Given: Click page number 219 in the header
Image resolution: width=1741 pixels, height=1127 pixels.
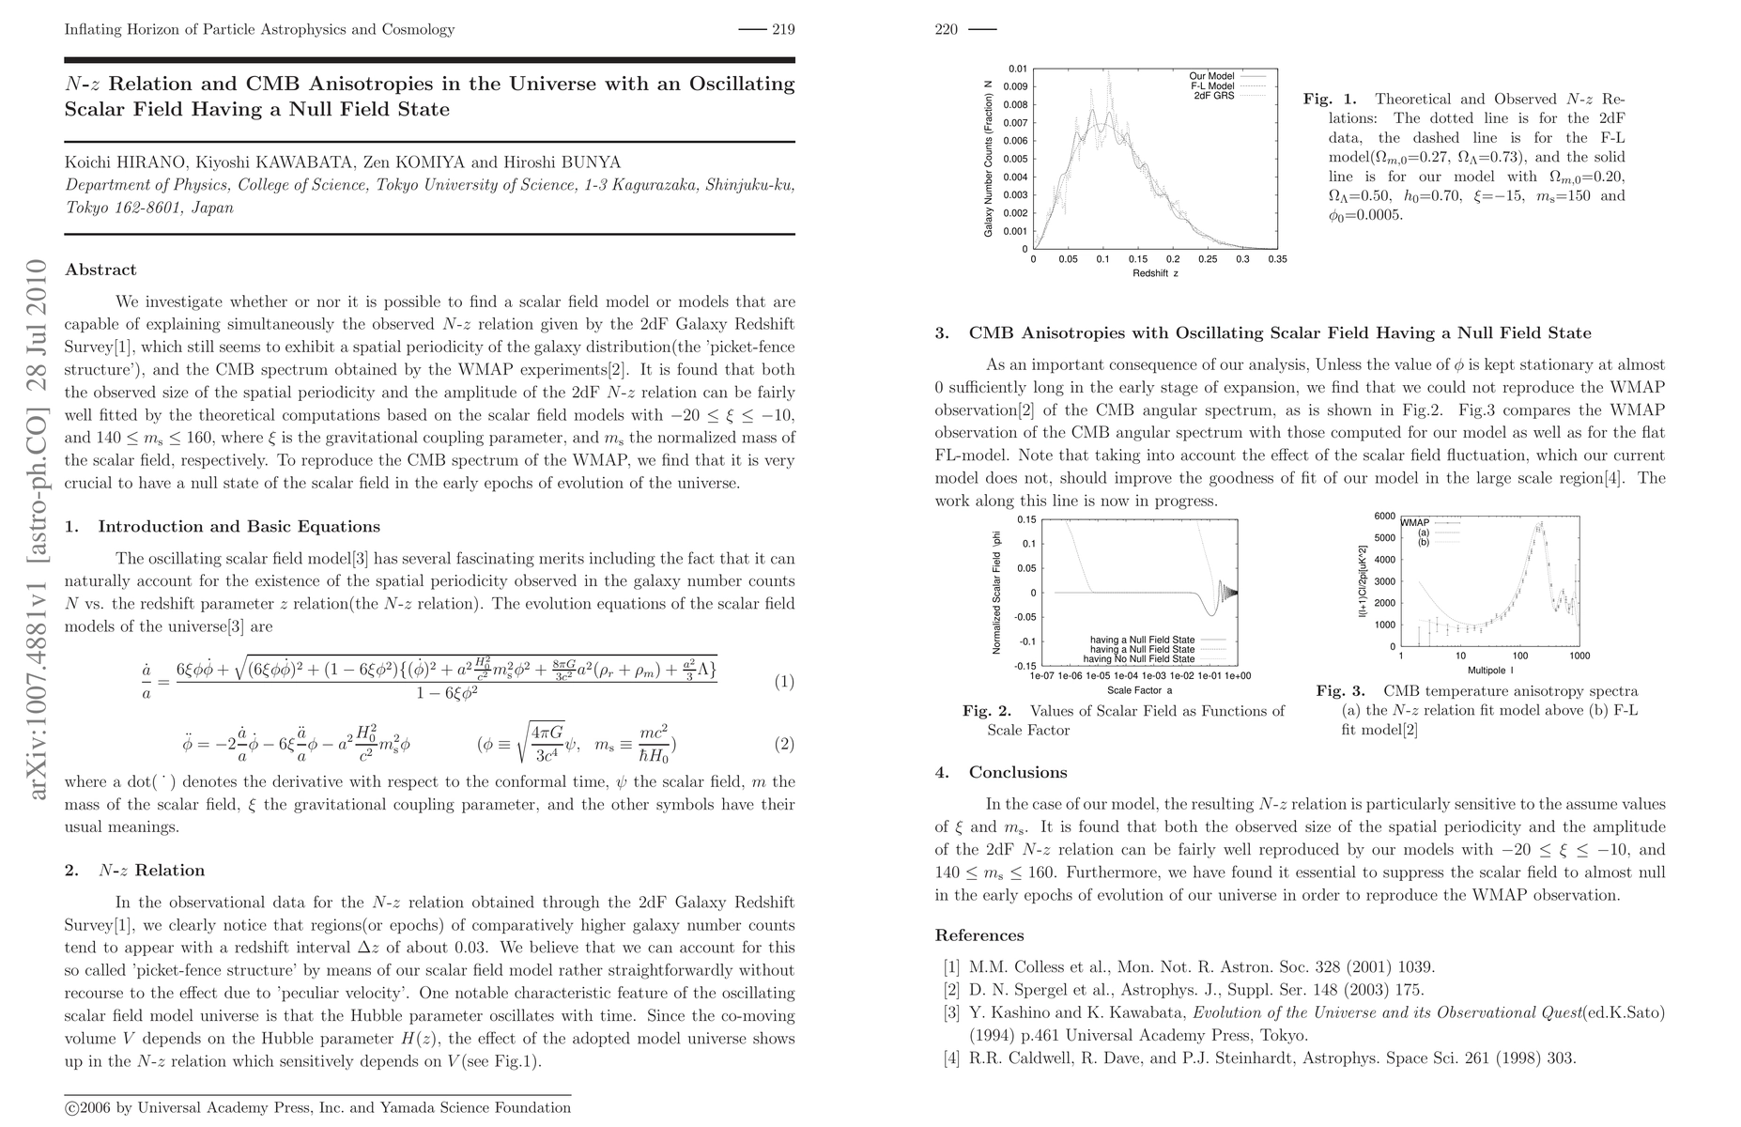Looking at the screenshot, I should [x=783, y=29].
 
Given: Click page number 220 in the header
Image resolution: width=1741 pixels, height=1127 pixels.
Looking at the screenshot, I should [x=946, y=29].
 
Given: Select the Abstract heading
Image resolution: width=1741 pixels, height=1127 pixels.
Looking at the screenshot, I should [x=100, y=270].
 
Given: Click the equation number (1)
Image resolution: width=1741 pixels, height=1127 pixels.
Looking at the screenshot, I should [x=784, y=682].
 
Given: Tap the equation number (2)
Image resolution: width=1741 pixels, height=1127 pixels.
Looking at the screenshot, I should [x=784, y=745].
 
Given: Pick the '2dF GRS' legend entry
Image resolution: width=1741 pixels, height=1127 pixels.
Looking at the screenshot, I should [x=1213, y=96].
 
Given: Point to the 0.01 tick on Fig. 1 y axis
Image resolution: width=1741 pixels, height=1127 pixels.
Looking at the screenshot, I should [x=1018, y=69].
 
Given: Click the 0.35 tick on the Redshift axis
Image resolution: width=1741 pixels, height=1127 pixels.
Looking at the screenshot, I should [x=1277, y=259].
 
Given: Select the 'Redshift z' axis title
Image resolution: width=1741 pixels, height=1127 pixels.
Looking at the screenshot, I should [x=1155, y=273].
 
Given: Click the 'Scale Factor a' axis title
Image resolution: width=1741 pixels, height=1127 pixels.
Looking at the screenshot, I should [x=1140, y=690].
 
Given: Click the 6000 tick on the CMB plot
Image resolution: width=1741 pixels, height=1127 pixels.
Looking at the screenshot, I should [x=1385, y=516].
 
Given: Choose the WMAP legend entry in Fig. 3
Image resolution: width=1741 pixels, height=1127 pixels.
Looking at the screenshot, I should [x=1415, y=522].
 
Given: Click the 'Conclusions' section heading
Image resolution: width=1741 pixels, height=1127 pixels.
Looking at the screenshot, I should [x=1018, y=772].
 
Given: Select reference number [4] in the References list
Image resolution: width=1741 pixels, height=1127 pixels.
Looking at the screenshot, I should [x=951, y=1058].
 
